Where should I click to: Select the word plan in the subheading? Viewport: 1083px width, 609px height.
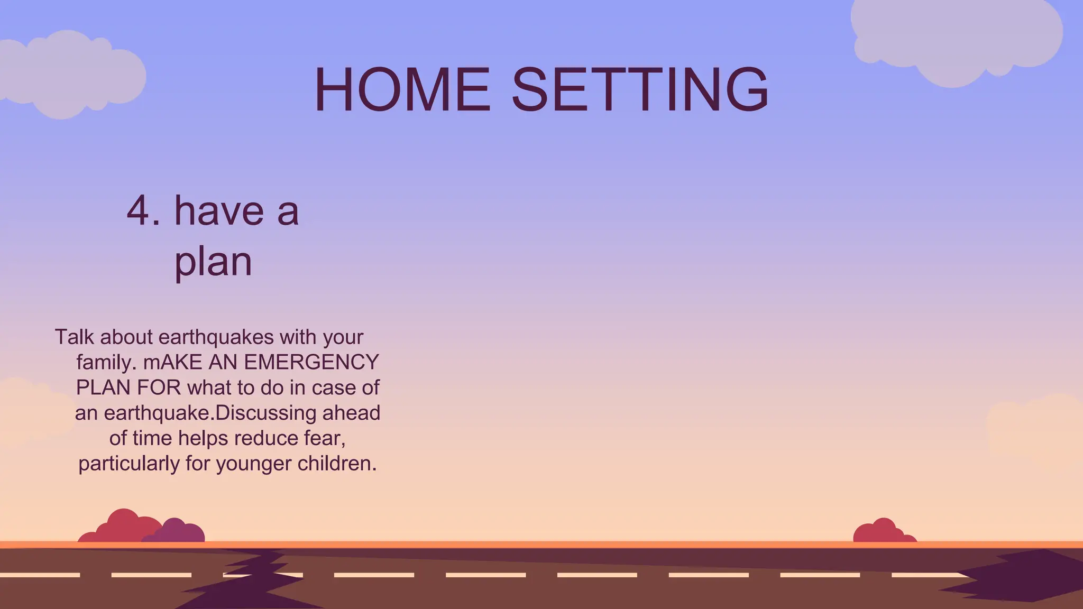[213, 262]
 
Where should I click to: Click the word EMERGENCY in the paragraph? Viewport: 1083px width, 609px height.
[311, 363]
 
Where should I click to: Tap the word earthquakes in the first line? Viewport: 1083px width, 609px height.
[216, 337]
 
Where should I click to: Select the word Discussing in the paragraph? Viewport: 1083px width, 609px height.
[266, 413]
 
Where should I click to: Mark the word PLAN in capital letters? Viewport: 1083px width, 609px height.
[102, 388]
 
